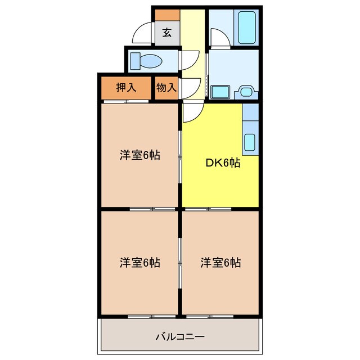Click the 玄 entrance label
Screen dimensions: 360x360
pyautogui.click(x=167, y=33)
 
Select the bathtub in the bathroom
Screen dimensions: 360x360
pyautogui.click(x=247, y=28)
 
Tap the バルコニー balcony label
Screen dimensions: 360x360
pyautogui.click(x=179, y=337)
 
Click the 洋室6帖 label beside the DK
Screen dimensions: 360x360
pyautogui.click(x=139, y=155)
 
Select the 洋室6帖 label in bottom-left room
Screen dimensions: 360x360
pyautogui.click(x=139, y=262)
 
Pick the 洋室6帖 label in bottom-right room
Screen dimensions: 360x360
pyautogui.click(x=220, y=262)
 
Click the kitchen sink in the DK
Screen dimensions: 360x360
pyautogui.click(x=250, y=143)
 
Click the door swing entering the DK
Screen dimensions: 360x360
pyautogui.click(x=191, y=111)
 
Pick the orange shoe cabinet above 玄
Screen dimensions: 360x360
pyautogui.click(x=167, y=15)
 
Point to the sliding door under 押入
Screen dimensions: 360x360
pyautogui.click(x=126, y=102)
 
